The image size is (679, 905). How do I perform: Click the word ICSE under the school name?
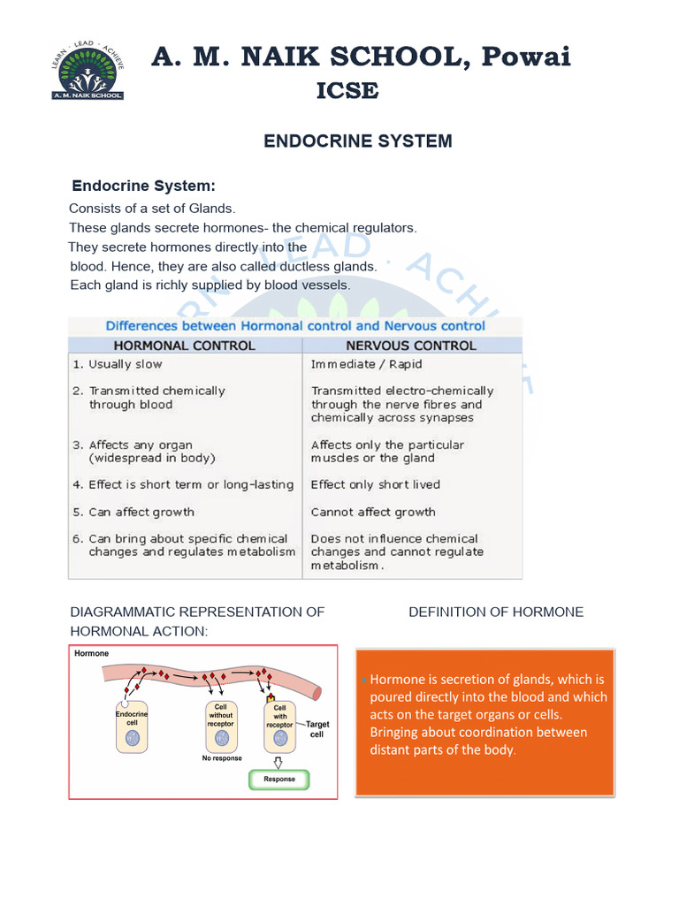pyautogui.click(x=347, y=90)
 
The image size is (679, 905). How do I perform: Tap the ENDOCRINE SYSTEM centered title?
pyautogui.click(x=358, y=141)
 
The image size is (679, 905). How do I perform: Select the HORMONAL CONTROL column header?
pyautogui.click(x=185, y=346)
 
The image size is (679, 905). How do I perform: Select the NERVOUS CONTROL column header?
pyautogui.click(x=410, y=346)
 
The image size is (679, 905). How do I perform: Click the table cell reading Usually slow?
pyautogui.click(x=125, y=364)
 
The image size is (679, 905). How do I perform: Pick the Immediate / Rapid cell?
pyautogui.click(x=366, y=364)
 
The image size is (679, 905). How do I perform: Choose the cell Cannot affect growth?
pyautogui.click(x=373, y=512)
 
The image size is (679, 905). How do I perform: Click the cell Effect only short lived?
pyautogui.click(x=375, y=484)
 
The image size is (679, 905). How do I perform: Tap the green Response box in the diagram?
pyautogui.click(x=279, y=779)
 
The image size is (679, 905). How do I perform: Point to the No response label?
pyautogui.click(x=221, y=758)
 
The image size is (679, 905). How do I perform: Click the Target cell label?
pyautogui.click(x=317, y=729)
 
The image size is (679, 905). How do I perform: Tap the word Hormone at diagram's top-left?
pyautogui.click(x=91, y=654)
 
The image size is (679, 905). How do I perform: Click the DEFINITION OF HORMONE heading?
pyautogui.click(x=496, y=612)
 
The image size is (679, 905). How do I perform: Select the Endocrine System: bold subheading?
pyautogui.click(x=143, y=186)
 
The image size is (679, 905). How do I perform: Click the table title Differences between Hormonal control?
pyautogui.click(x=295, y=325)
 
